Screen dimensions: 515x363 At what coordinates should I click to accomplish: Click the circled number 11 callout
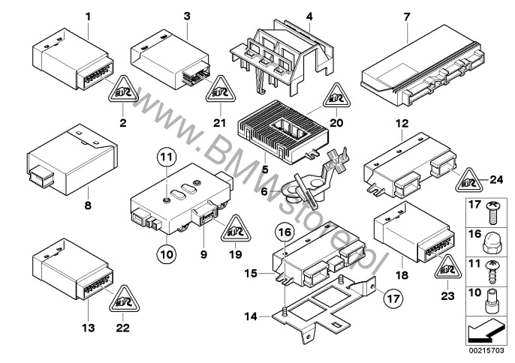[167, 157]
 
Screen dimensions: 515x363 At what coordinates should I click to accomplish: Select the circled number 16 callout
[285, 232]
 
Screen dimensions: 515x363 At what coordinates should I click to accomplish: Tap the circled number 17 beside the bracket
[393, 298]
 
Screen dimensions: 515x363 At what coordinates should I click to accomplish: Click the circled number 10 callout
[167, 254]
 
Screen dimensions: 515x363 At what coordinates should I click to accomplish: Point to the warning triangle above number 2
[123, 88]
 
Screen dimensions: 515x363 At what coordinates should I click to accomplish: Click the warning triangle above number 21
[221, 88]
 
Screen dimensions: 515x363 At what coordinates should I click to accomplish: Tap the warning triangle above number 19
[236, 229]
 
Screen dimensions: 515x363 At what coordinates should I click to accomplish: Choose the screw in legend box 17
[492, 213]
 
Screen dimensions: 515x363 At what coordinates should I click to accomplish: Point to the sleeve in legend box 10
[490, 301]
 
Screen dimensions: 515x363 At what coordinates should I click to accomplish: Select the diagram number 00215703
[486, 351]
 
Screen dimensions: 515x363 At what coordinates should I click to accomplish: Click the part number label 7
[407, 16]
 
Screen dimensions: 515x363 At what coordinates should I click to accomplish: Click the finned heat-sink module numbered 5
[283, 131]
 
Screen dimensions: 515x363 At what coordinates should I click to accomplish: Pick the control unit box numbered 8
[72, 160]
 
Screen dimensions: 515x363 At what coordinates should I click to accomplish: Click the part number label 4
[309, 16]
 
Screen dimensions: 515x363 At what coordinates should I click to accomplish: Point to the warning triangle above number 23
[447, 268]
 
